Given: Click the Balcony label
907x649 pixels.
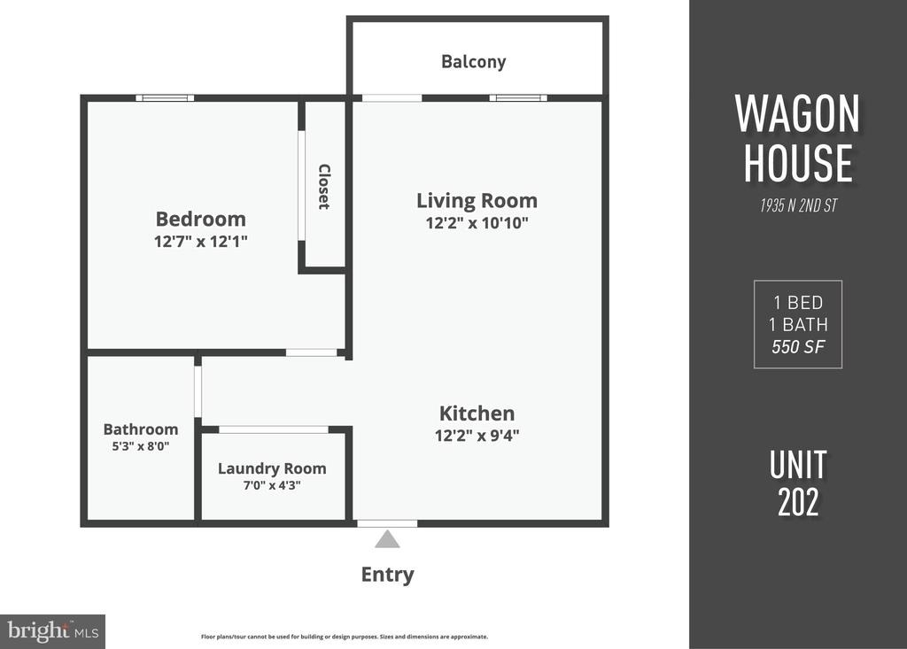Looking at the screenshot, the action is pos(473,61).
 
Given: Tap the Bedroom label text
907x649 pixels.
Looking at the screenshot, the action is pos(201,219).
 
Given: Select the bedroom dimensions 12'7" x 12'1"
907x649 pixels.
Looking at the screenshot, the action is pos(201,241).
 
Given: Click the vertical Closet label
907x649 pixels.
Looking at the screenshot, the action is pos(324,186).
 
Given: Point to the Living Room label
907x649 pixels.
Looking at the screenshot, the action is pos(477,201).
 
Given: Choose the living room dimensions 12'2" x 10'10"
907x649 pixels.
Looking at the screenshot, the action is pos(477,223).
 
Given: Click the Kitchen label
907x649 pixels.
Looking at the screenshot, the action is pos(477,413).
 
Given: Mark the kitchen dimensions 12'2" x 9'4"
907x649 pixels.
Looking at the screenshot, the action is pos(477,435).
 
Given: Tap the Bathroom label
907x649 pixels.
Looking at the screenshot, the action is pos(141,429).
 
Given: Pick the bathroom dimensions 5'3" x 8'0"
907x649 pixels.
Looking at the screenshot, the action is pos(141,446).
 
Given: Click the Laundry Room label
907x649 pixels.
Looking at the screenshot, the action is pos(272,468).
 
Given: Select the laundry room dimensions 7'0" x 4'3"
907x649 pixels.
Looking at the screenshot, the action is pos(272,485).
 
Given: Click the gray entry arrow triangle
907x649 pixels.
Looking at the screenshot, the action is pos(387,540).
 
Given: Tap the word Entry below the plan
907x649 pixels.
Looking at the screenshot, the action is pos(388,575).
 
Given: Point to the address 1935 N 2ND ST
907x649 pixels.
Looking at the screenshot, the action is pos(798,205).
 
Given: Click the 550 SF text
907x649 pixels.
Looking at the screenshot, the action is pos(798,346).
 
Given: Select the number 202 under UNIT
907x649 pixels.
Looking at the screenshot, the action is pos(798,502).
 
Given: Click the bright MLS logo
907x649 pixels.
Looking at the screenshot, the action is pos(52,631).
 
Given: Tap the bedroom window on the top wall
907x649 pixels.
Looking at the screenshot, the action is pos(165,97).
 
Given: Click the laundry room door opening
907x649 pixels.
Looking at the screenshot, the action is pos(274,429).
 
